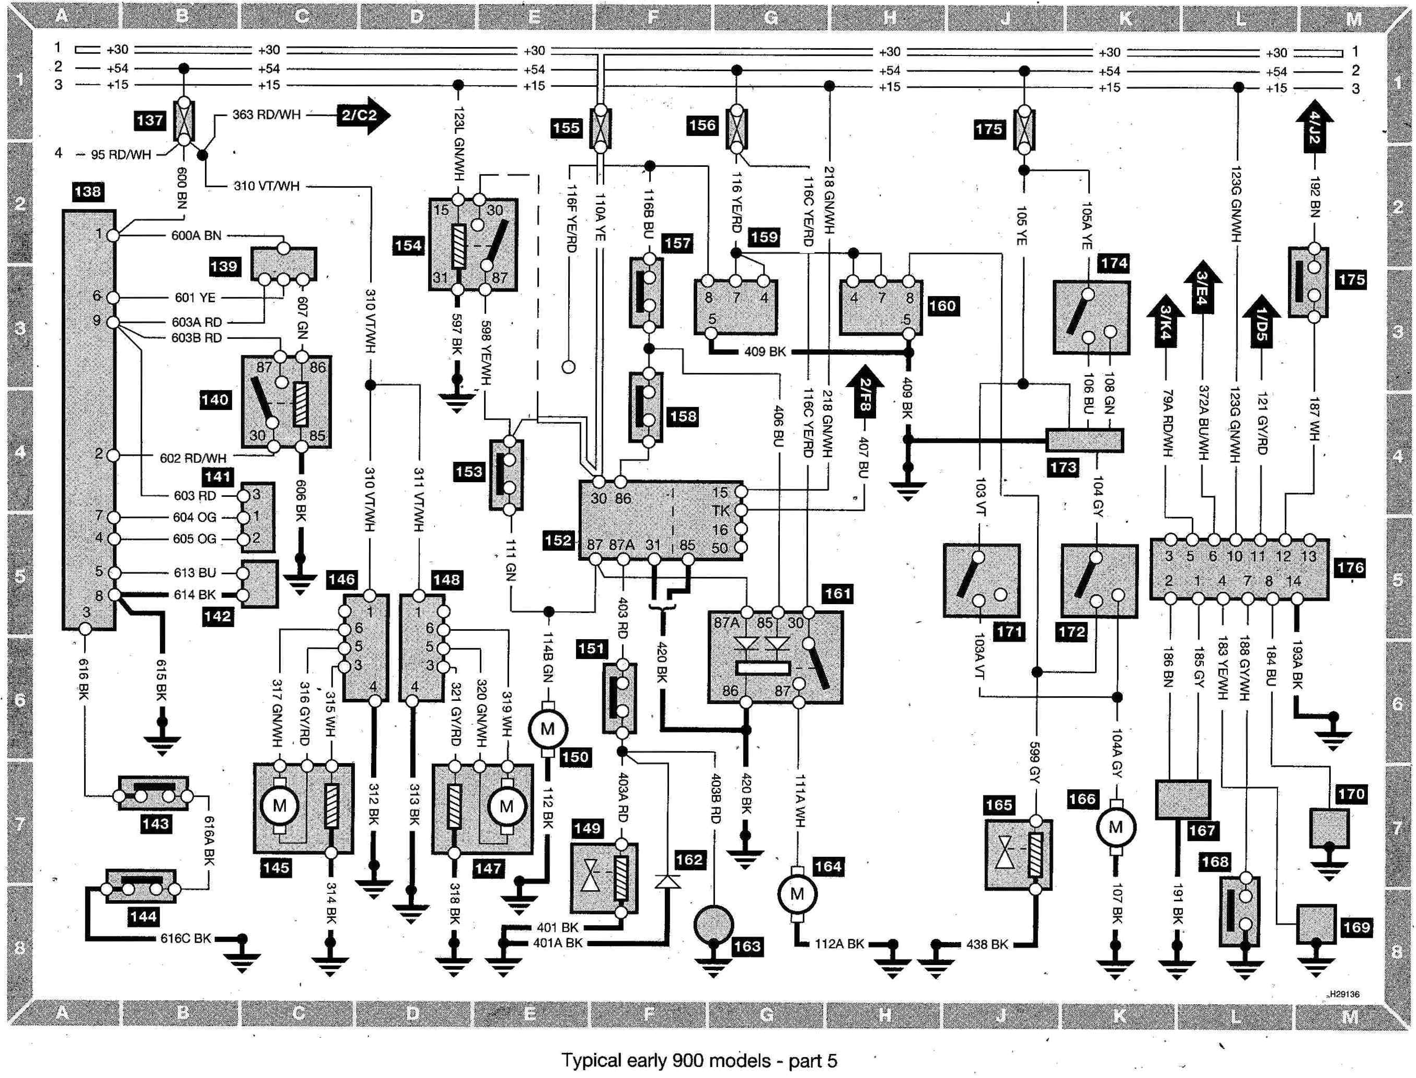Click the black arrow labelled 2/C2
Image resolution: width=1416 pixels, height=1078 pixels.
point(363,116)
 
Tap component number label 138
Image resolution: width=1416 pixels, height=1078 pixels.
point(88,191)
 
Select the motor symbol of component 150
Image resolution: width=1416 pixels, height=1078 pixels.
point(547,729)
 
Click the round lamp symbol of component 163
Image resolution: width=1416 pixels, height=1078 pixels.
point(712,925)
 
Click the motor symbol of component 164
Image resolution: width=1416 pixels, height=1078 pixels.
point(797,894)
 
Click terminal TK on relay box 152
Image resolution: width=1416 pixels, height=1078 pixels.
point(741,511)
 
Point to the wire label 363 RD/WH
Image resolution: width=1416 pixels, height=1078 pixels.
point(266,116)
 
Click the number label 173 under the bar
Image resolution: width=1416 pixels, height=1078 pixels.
point(1063,467)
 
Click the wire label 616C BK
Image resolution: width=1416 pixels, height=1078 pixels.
point(186,938)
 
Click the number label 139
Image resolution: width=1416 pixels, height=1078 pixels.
point(224,266)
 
